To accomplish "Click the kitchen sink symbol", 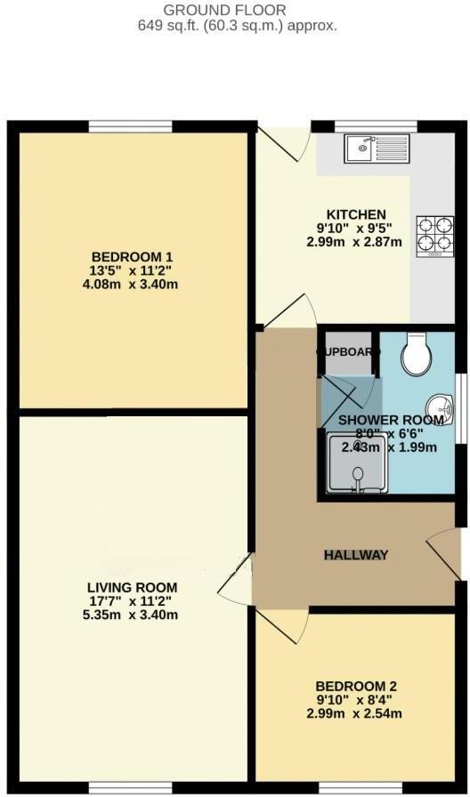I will coord(377,146).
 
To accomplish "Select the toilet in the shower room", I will coord(416,355).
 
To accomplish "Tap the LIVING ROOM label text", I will coord(132,587).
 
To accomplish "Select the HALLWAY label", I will coord(355,555).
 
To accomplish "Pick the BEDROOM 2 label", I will coord(356,686).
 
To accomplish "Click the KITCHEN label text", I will coord(356,214).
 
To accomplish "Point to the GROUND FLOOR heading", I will coord(237,11).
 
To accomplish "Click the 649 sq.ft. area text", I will coord(237,26).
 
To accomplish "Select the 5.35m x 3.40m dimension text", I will coord(132,616).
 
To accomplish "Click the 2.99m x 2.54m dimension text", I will coord(356,714).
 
